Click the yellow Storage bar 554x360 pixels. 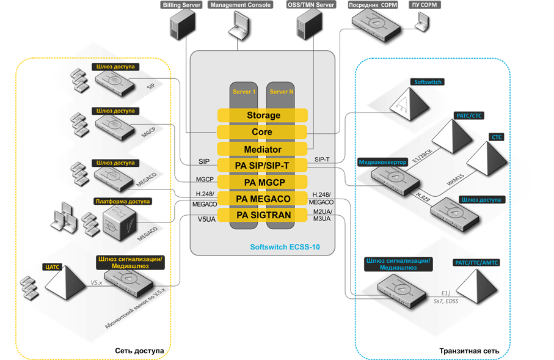[263, 116]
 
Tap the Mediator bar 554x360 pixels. [263, 149]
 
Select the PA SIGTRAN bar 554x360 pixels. [263, 215]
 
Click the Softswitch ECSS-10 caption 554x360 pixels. [285, 248]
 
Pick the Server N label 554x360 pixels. [280, 92]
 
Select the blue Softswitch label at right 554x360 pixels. [428, 81]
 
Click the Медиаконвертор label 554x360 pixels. [378, 162]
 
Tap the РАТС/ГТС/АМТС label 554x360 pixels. [477, 262]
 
